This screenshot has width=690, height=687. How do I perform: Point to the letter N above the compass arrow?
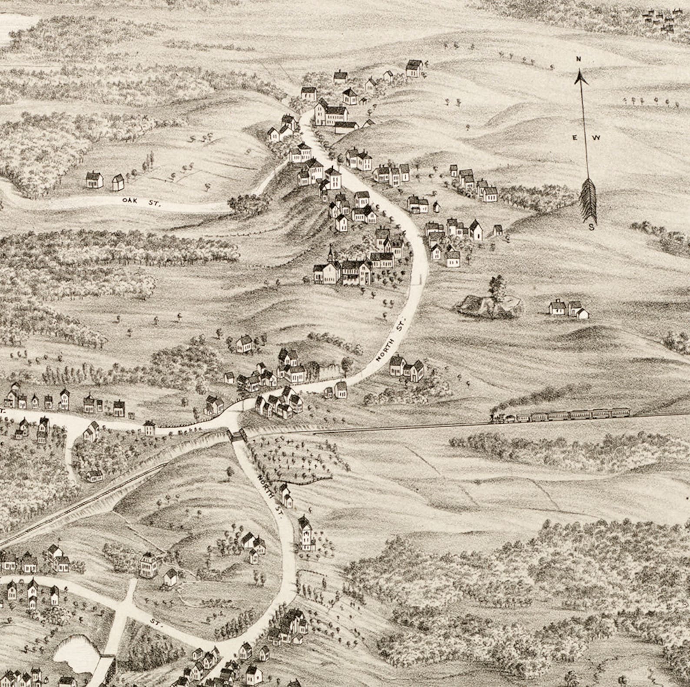578,59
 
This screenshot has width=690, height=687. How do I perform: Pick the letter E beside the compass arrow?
574,138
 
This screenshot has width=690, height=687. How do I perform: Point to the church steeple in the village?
331,253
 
